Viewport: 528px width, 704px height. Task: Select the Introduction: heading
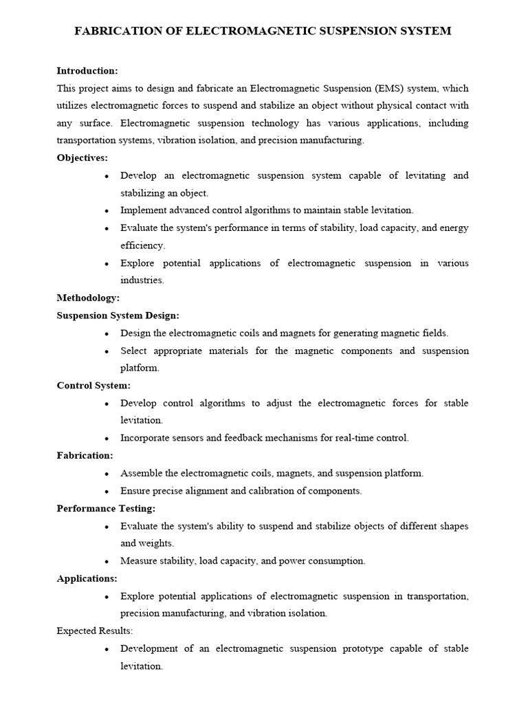point(87,71)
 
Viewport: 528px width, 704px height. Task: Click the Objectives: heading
point(82,158)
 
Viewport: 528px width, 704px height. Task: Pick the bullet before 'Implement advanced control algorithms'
point(107,211)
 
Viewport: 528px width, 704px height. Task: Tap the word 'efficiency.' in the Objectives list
point(142,245)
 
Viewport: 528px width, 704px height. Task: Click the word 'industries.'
point(142,280)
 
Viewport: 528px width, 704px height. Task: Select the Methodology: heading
point(88,298)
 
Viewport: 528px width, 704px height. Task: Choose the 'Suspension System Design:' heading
point(118,316)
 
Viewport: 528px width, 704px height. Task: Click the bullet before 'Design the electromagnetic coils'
point(107,333)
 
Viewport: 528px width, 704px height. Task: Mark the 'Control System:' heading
point(93,386)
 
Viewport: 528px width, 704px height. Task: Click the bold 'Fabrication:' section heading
point(85,456)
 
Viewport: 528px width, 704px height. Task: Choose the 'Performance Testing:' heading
point(106,509)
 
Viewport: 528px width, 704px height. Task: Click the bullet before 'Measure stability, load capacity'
point(107,561)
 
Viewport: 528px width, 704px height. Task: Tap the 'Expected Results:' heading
point(95,631)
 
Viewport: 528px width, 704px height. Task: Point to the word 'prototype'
point(364,649)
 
